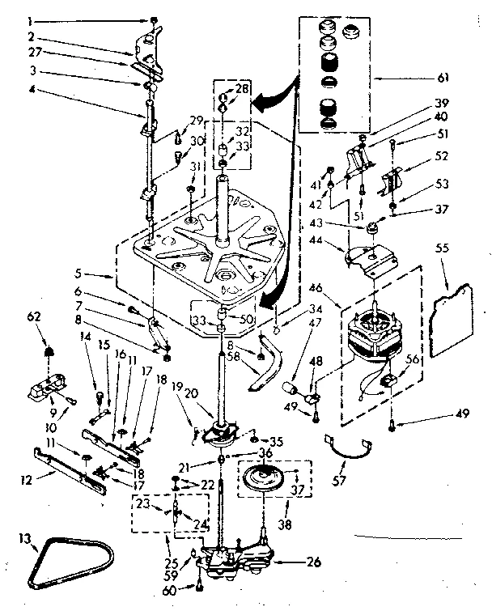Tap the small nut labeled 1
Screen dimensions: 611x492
tap(153, 19)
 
